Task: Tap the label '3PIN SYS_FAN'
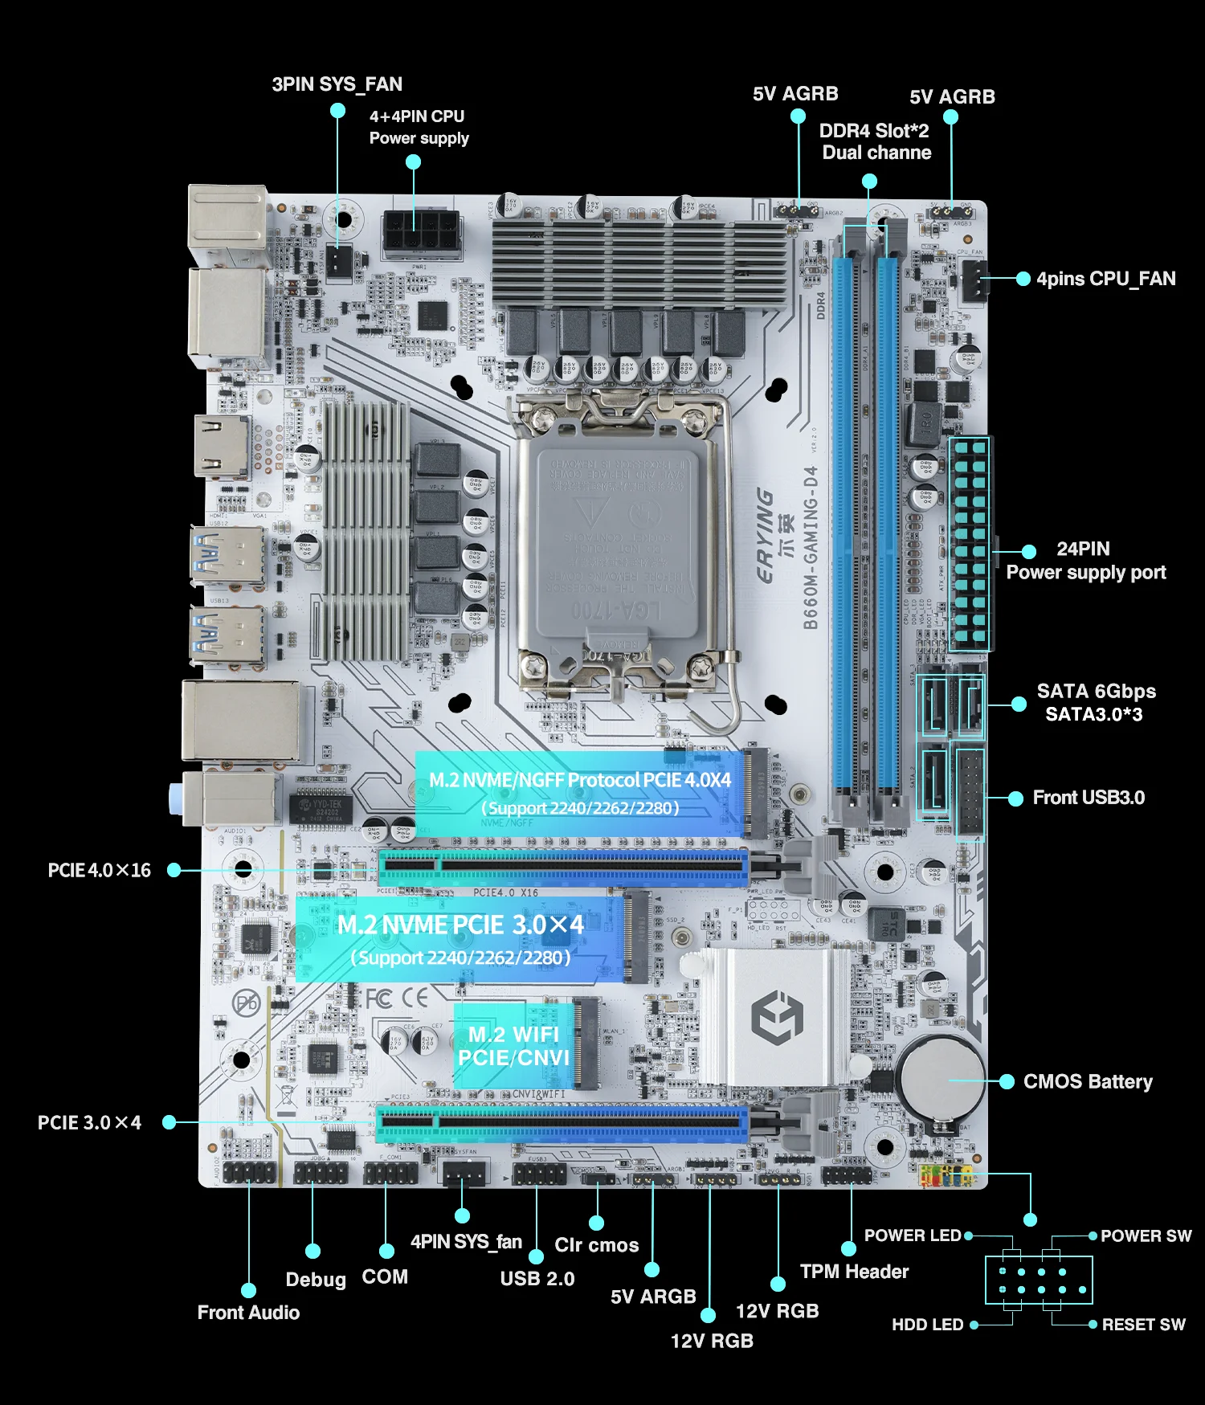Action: click(x=337, y=84)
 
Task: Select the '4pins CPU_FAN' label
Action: click(x=1105, y=279)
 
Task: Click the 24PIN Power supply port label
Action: click(x=1085, y=561)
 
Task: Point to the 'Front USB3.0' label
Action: click(x=1089, y=798)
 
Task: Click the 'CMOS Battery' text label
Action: click(x=1088, y=1081)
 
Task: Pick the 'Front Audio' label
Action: click(x=248, y=1312)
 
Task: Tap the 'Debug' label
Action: click(x=316, y=1279)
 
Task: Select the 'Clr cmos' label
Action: click(x=596, y=1245)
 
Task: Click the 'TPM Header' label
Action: click(x=854, y=1271)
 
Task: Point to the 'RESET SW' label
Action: click(x=1143, y=1324)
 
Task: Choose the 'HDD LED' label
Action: click(x=927, y=1324)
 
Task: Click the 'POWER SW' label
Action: click(x=1146, y=1236)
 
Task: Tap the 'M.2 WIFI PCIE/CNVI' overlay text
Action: click(x=514, y=1046)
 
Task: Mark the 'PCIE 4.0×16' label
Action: click(x=100, y=870)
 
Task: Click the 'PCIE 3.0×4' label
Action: click(x=89, y=1122)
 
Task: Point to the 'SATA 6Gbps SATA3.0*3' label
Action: click(x=1095, y=703)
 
